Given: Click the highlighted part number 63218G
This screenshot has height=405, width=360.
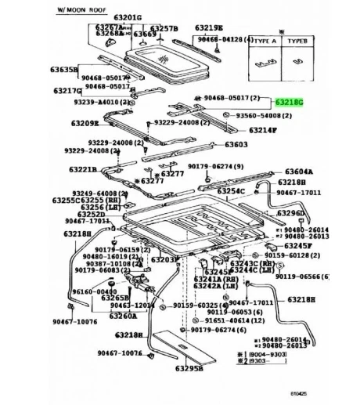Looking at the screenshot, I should pos(287,103).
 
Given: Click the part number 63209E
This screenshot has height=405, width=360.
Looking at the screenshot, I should pos(84,123).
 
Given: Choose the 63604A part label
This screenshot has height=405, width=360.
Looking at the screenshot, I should pos(297,171).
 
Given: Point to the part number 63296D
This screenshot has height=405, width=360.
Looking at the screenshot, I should pos(291,213).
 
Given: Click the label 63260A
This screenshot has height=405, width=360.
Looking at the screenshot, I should pos(123,316).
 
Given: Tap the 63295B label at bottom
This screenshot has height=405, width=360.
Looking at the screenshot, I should pos(189,368).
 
